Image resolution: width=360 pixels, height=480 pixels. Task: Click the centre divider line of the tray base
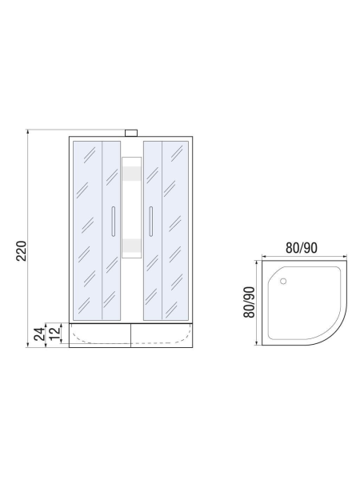131,334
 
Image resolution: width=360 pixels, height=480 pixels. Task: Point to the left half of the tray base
100,334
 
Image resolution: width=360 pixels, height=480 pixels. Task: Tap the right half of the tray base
162,334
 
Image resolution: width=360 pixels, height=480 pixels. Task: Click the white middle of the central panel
131,208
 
